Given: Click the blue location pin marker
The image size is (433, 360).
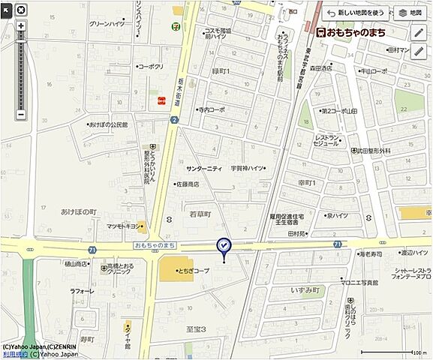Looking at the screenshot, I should [224, 245].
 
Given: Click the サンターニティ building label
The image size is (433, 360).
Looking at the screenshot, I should [204, 169].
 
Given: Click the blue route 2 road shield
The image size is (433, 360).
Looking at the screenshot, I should [173, 119].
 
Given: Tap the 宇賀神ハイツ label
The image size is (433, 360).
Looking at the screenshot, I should [247, 169].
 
